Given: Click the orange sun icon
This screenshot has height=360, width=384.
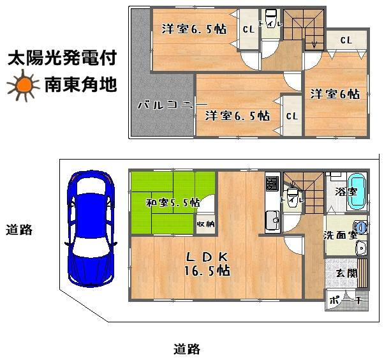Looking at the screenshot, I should pyautogui.click(x=23, y=86).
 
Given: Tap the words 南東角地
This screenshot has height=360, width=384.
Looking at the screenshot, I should pyautogui.click(x=80, y=85).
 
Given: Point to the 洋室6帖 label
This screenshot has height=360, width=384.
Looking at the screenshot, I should pyautogui.click(x=335, y=94).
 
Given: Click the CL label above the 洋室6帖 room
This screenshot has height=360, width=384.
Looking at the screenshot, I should pyautogui.click(x=346, y=40).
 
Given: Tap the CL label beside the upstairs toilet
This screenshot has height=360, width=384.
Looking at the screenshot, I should pyautogui.click(x=249, y=29).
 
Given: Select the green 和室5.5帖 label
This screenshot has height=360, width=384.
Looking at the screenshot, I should pyautogui.click(x=172, y=203).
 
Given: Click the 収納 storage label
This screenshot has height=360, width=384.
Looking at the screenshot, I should pyautogui.click(x=205, y=224).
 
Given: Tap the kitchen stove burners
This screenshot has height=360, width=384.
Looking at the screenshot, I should pyautogui.click(x=271, y=184).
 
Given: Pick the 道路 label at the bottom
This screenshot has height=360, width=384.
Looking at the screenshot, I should pyautogui.click(x=187, y=349).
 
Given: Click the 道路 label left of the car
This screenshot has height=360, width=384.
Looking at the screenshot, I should pyautogui.click(x=19, y=230).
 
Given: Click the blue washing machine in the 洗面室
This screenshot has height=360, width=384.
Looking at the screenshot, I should pyautogui.click(x=361, y=226).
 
